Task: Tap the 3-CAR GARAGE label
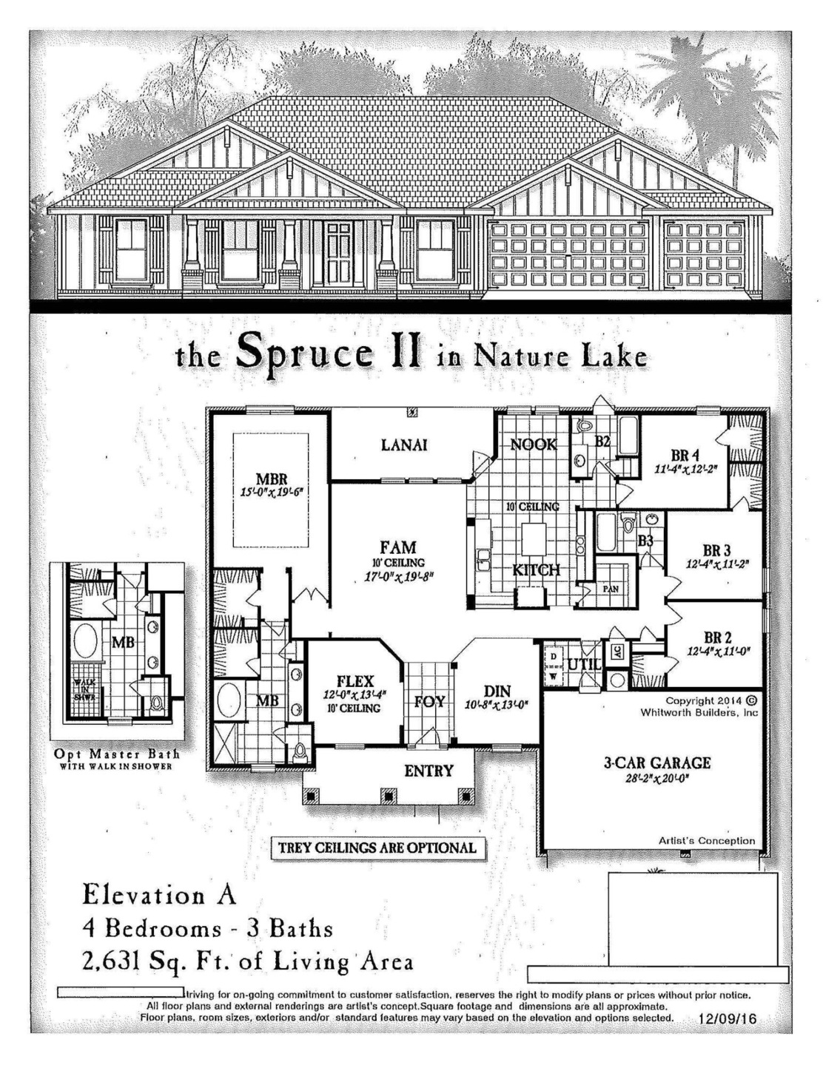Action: point(656,763)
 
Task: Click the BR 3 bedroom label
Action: point(716,550)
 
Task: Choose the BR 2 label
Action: point(717,638)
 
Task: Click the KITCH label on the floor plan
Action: point(537,569)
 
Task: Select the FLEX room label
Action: point(355,681)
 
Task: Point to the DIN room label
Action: point(497,692)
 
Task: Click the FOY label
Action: point(429,702)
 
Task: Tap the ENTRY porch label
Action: point(429,771)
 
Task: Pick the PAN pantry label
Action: point(611,589)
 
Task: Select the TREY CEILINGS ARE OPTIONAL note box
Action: point(377,848)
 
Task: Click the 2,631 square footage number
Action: point(112,961)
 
